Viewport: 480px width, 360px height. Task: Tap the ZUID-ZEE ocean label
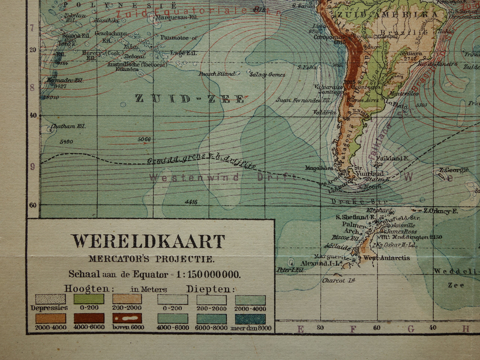[190, 99]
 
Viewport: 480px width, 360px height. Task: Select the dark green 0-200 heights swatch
[89, 299]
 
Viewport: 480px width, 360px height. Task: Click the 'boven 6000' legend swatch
[127, 318]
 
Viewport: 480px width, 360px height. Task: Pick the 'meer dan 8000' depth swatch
[250, 319]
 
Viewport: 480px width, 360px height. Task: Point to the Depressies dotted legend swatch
[50, 299]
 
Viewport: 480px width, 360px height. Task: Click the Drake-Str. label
[361, 202]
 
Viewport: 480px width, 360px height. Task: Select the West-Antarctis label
[387, 258]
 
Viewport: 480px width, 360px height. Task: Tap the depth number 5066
[144, 139]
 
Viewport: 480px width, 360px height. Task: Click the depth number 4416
[191, 202]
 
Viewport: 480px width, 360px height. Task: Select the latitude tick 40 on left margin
[33, 115]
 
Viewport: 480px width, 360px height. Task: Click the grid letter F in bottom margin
[353, 329]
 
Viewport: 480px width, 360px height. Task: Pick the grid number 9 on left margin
[32, 166]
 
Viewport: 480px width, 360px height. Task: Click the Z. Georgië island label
[454, 170]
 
